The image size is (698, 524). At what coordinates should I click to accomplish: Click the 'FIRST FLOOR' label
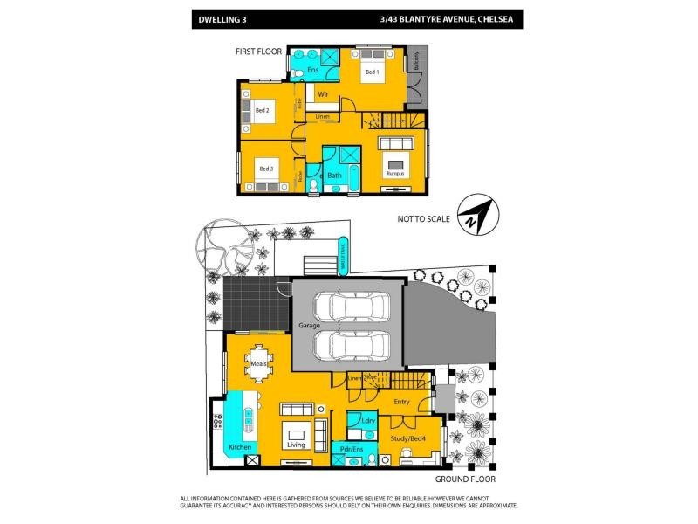pyautogui.click(x=258, y=52)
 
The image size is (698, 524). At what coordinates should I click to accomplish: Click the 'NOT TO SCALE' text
pyautogui.click(x=423, y=219)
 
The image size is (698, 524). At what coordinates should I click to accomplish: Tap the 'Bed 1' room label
pyautogui.click(x=371, y=72)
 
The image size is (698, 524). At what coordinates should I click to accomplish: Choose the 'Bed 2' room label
pyautogui.click(x=262, y=110)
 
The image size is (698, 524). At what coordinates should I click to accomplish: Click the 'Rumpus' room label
pyautogui.click(x=395, y=174)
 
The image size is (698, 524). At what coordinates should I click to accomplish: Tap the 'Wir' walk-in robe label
pyautogui.click(x=323, y=93)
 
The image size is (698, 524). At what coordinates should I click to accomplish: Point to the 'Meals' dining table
pyautogui.click(x=259, y=365)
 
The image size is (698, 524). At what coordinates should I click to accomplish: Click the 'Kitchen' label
pyautogui.click(x=241, y=447)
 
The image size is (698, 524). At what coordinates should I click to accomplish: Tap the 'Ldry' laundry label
pyautogui.click(x=368, y=421)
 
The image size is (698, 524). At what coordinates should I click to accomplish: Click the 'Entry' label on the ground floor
pyautogui.click(x=401, y=402)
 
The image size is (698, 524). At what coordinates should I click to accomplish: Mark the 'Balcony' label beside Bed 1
pyautogui.click(x=417, y=60)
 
